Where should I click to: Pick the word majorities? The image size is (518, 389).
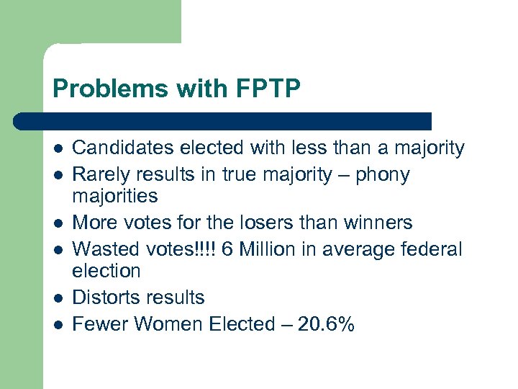[x=115, y=195]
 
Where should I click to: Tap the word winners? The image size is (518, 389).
[x=381, y=223]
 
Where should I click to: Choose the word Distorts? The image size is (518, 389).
[x=106, y=298]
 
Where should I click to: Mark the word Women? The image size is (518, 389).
[x=169, y=324]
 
